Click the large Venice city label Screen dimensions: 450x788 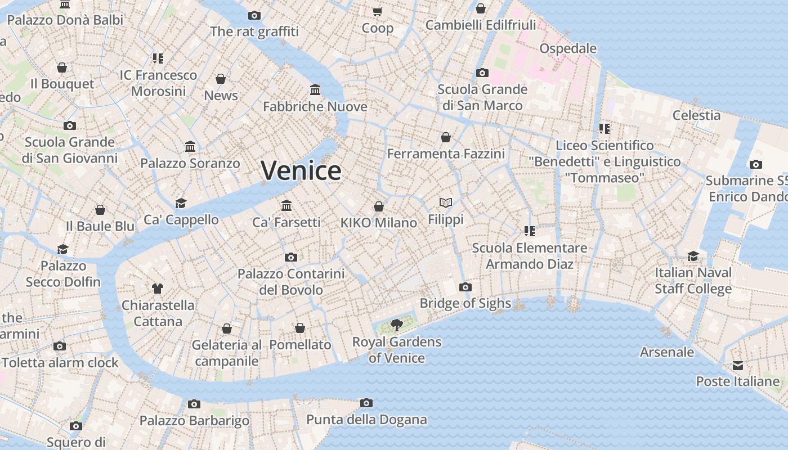[301, 170]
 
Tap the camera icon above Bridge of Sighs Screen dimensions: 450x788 [465, 287]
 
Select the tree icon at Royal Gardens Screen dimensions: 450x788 [397, 325]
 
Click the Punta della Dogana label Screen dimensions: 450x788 [366, 420]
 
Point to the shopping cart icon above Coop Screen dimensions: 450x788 [378, 11]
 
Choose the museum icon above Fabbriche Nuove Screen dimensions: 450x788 [315, 90]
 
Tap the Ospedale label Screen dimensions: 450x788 [568, 48]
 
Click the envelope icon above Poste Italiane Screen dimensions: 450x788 [737, 366]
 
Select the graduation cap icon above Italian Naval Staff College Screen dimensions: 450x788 [693, 256]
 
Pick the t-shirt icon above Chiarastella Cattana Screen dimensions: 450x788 [158, 289]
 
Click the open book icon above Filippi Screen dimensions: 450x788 [446, 202]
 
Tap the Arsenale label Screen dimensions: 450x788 [667, 352]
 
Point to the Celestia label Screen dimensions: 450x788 [696, 115]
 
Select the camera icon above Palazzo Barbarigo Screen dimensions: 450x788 [194, 404]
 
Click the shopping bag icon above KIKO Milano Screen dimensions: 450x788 [379, 206]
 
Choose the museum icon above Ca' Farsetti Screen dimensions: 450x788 [286, 205]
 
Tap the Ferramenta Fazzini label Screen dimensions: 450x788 [446, 154]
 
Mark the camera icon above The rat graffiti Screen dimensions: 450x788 [254, 15]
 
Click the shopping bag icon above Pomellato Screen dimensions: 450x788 [300, 328]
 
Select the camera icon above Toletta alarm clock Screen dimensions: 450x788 [60, 346]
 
